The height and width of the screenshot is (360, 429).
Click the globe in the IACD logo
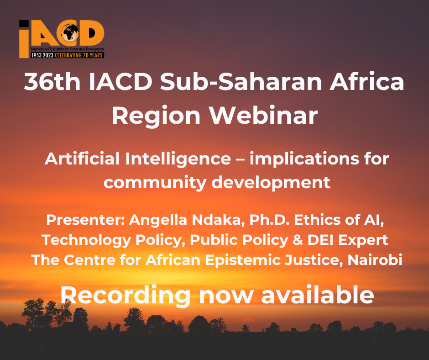(70, 33)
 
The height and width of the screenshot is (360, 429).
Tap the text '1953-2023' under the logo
(42, 55)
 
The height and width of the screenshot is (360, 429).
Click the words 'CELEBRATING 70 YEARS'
(78, 55)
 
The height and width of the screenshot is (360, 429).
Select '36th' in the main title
(52, 81)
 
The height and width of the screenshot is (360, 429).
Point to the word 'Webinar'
(263, 115)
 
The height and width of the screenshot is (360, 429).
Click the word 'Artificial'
(82, 159)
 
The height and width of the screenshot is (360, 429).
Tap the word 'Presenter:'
(86, 220)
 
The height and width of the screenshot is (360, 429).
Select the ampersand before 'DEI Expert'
(298, 240)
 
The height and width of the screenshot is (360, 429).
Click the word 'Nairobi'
(375, 260)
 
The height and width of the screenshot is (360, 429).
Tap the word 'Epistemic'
(243, 260)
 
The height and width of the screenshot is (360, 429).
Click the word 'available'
(317, 295)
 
